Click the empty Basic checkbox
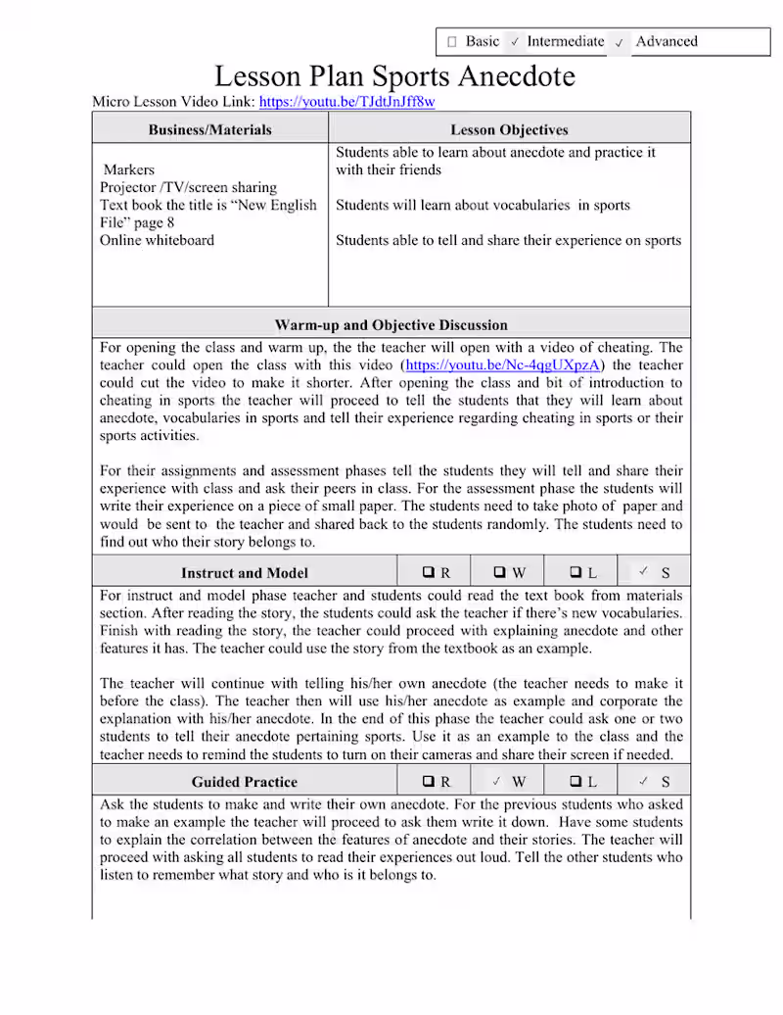point(451,42)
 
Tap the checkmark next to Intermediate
point(515,42)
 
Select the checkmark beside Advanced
point(620,42)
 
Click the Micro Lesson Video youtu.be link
point(347,101)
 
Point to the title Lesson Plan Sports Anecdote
point(394,75)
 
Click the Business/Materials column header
point(210,129)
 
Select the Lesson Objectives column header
point(509,129)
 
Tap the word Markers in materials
point(129,169)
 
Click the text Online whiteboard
point(157,240)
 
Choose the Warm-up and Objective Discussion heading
point(391,324)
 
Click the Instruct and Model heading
point(245,573)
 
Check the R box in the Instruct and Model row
point(429,573)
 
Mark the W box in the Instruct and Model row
point(500,573)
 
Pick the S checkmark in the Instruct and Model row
point(644,572)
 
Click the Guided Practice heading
point(245,782)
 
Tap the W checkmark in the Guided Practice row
point(497,782)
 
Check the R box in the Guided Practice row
point(429,782)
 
